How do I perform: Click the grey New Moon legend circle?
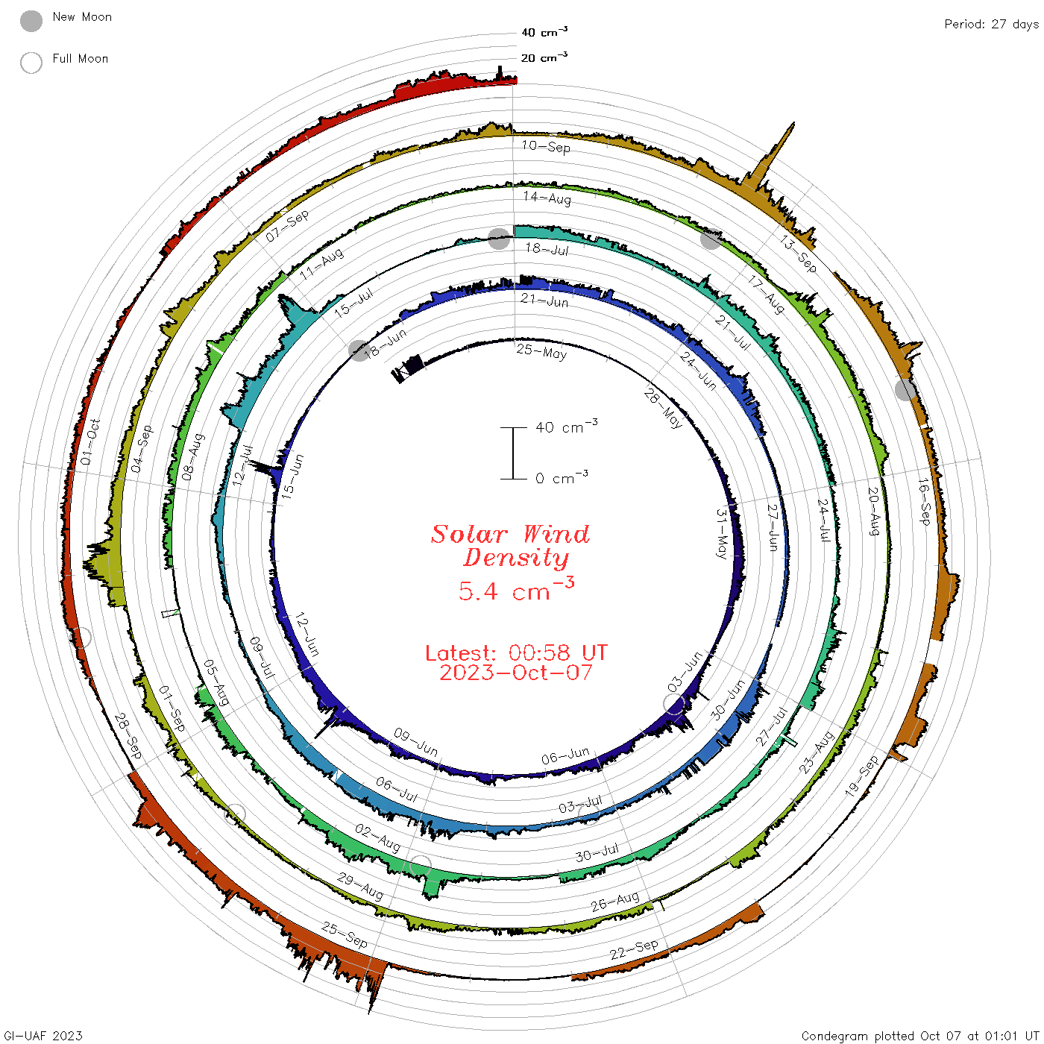coord(31,21)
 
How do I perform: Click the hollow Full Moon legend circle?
coord(31,63)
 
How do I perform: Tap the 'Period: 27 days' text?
coord(991,25)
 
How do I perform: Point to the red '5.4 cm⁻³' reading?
coord(516,589)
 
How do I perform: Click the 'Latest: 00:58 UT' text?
coord(516,652)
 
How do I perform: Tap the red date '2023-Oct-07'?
coord(516,673)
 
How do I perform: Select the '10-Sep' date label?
coord(546,147)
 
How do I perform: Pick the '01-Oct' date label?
coord(90,441)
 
